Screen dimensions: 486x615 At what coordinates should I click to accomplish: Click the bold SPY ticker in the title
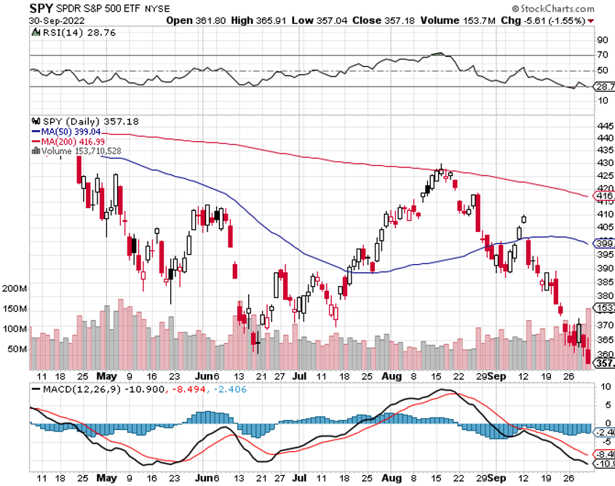(40, 8)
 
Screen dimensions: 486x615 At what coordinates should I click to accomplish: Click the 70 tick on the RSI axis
(603, 55)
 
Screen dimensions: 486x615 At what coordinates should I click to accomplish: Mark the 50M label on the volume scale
(17, 349)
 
